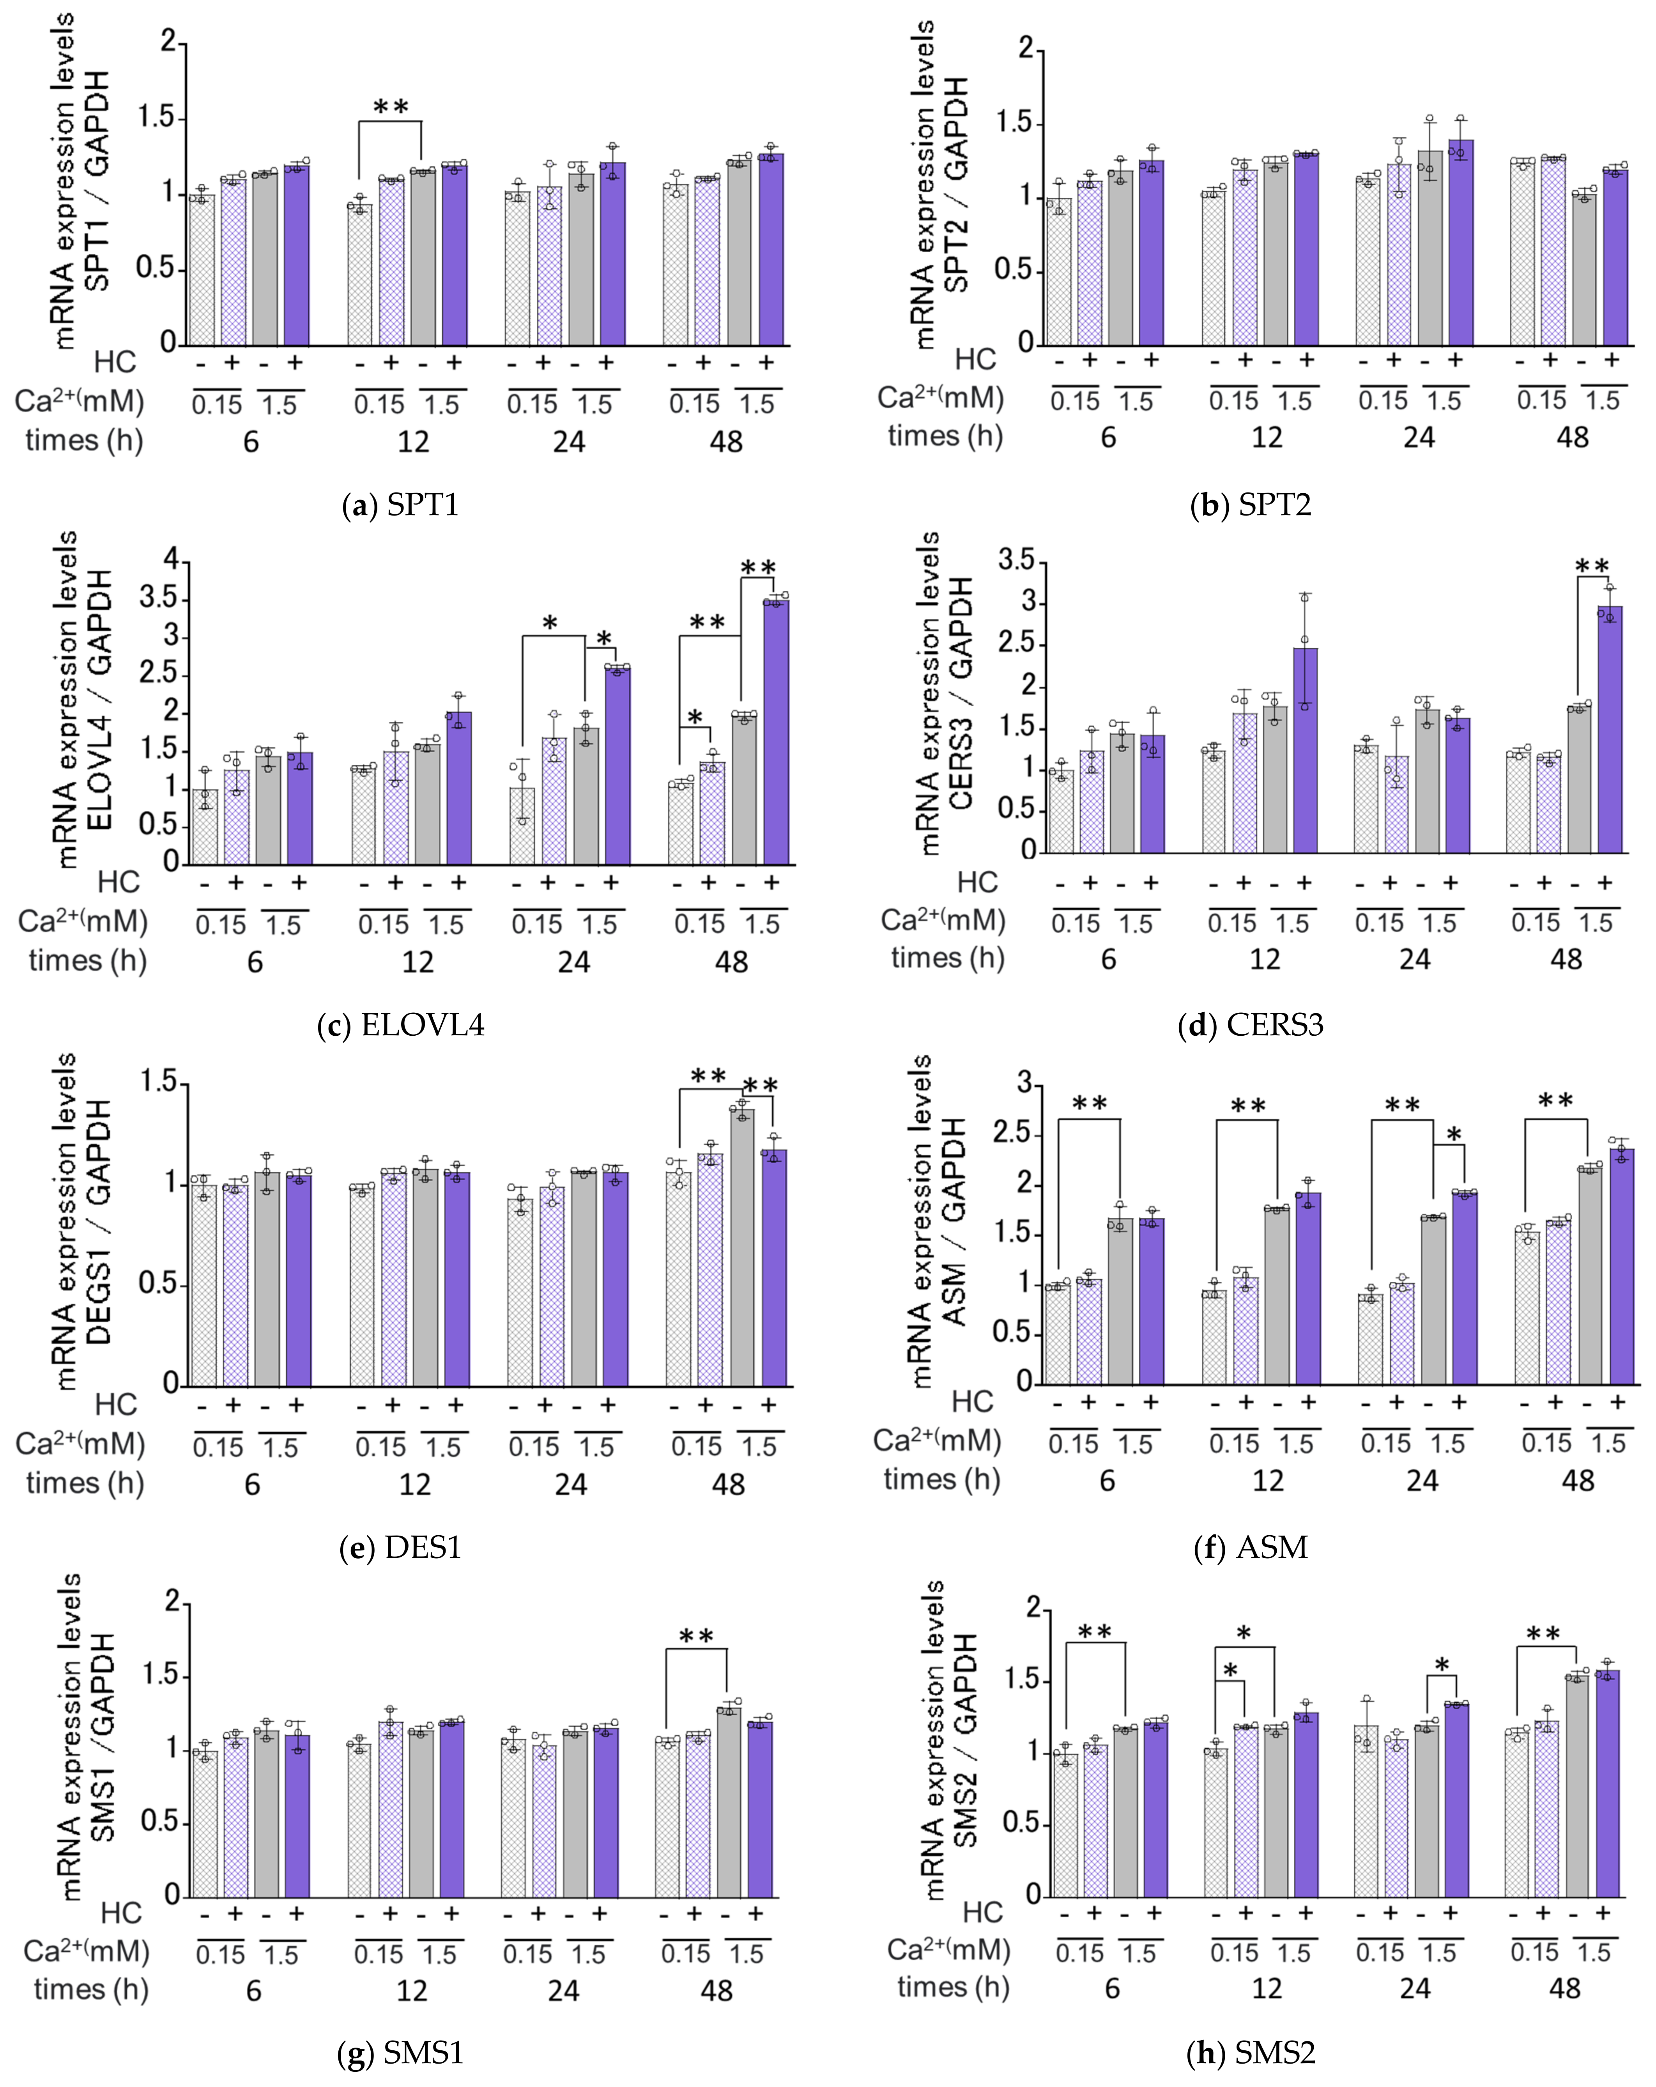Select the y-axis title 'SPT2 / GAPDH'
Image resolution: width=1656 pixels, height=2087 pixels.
[956, 184]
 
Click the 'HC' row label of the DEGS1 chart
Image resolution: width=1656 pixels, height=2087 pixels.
[115, 1405]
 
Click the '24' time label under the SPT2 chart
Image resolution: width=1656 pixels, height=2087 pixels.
[1419, 438]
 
